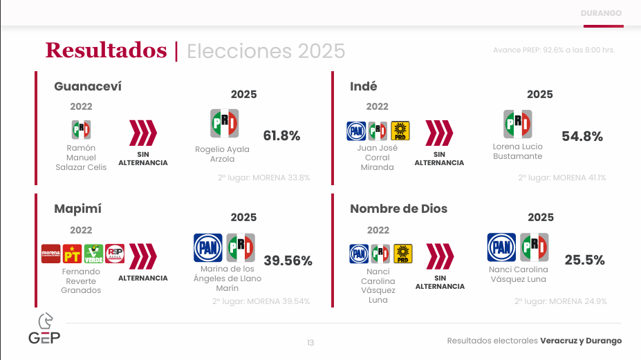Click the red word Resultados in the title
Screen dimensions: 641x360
pos(106,50)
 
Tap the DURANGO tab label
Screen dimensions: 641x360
pos(601,13)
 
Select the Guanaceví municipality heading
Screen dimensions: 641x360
pos(88,86)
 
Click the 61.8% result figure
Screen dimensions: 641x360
pos(281,135)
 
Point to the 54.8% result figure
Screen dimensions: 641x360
pos(582,137)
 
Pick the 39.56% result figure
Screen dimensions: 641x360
pos(288,260)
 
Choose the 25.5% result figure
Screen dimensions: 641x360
pos(584,260)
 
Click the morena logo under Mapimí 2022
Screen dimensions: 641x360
pos(50,254)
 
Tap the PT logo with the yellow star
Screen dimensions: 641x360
pos(73,254)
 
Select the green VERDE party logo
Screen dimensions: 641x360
pos(93,254)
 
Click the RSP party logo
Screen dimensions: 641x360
pos(115,254)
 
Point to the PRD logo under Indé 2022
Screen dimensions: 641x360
pos(400,131)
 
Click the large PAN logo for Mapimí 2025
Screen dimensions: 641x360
pos(208,247)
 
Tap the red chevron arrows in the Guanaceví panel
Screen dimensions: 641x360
pos(143,133)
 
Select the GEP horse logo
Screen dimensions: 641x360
pos(44,328)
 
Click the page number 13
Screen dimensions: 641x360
pos(310,343)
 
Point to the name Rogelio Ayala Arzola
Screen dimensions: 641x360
pos(222,154)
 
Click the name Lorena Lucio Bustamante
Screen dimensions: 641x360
pos(517,151)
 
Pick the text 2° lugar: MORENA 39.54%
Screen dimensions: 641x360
pos(261,301)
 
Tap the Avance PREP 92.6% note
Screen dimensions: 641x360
pos(554,50)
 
